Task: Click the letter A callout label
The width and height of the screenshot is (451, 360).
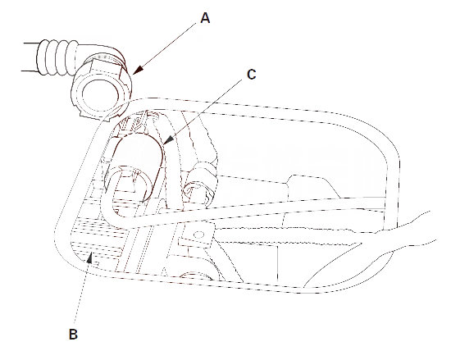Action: (205, 18)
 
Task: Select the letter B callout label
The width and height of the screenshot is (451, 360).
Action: (73, 334)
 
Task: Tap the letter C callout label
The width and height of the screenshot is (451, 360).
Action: (252, 75)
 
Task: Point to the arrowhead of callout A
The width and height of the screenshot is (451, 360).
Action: (138, 71)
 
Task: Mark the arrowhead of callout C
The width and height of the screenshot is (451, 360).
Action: (169, 139)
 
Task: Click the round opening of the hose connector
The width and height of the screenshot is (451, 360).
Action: (100, 94)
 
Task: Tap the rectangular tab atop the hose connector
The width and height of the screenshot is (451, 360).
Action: (106, 70)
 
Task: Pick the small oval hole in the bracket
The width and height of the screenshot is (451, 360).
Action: (198, 235)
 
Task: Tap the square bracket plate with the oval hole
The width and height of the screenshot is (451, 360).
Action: (197, 236)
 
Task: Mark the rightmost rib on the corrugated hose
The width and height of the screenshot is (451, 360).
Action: (72, 59)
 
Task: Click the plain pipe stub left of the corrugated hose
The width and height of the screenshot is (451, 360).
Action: (30, 57)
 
